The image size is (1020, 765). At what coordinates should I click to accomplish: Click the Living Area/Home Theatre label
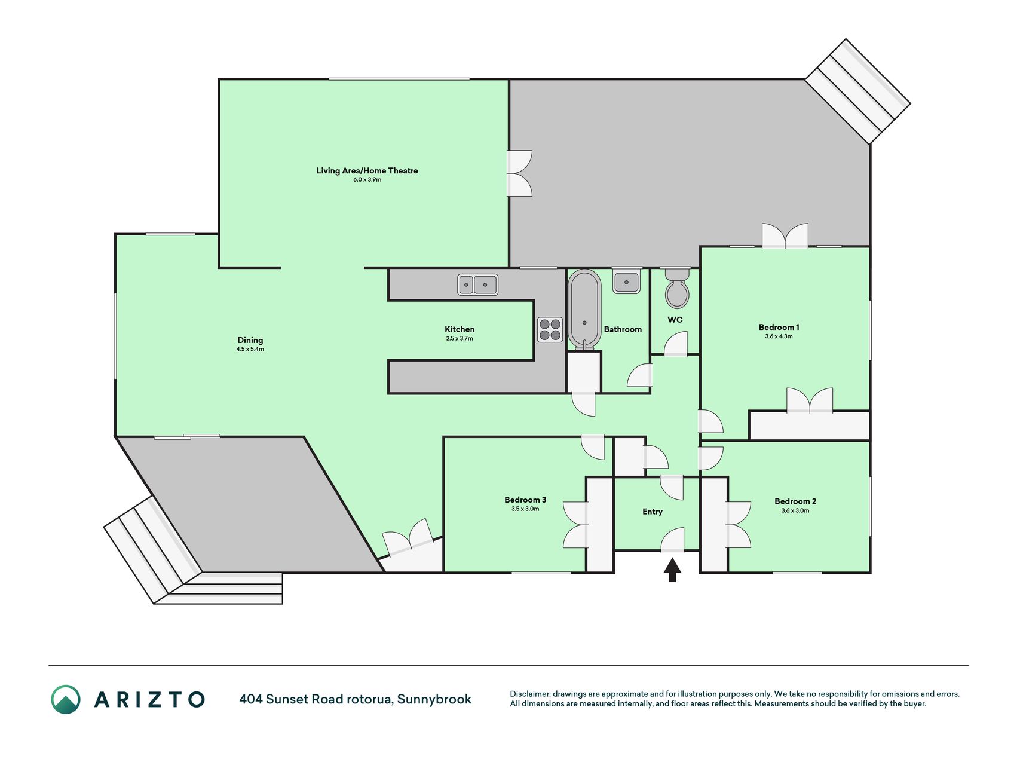[x=367, y=170]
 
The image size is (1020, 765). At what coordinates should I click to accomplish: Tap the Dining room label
[x=250, y=340]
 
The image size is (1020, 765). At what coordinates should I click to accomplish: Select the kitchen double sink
[x=477, y=284]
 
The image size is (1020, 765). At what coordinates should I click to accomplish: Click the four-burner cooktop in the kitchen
[x=550, y=329]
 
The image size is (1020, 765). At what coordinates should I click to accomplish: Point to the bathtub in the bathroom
[x=584, y=309]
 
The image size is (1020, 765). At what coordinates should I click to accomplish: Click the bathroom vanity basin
[x=626, y=280]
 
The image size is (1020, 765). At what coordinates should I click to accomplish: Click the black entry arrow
[x=672, y=570]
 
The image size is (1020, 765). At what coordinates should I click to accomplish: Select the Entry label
[x=653, y=512]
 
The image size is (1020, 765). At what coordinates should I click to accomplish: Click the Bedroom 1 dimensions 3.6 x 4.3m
[x=779, y=336]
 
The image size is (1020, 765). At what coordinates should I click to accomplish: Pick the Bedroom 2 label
[x=795, y=501]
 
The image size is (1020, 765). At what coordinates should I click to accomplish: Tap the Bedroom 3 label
[x=525, y=500]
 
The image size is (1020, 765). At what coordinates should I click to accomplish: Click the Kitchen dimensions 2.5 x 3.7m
[x=460, y=338]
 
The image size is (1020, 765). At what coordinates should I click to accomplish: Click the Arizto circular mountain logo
[x=66, y=699]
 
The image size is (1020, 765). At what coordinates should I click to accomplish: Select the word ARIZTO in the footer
[x=149, y=699]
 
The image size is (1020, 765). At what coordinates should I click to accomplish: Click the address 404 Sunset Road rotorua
[x=316, y=699]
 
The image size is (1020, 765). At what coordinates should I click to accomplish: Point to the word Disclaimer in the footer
[x=529, y=694]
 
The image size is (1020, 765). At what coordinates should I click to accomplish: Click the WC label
[x=675, y=320]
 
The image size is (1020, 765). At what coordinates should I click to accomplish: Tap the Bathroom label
[x=623, y=329]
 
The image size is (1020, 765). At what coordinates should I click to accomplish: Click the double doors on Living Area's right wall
[x=519, y=173]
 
